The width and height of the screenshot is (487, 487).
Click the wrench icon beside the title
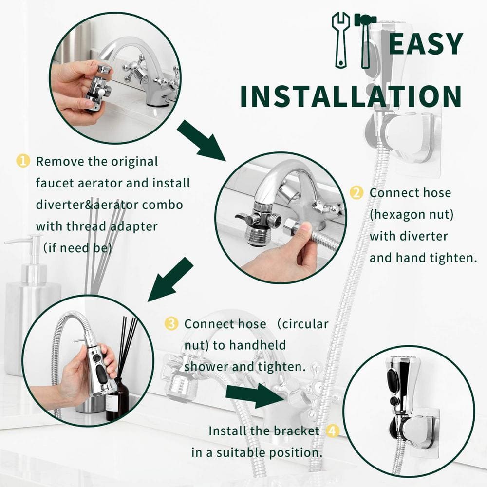(340, 40)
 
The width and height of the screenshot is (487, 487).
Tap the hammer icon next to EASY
(366, 40)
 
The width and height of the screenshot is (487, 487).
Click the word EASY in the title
(426, 43)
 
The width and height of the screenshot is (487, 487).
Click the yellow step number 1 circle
(23, 161)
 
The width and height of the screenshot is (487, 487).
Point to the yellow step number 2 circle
(356, 192)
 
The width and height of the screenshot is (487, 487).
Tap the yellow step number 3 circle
(171, 323)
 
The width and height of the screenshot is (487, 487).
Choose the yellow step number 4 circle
(333, 431)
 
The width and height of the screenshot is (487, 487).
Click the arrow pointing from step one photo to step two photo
(202, 141)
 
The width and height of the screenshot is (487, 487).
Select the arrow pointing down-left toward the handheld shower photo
(170, 280)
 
